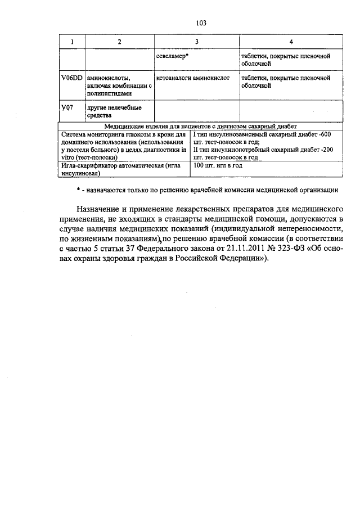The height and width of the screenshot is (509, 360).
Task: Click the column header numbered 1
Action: (71, 43)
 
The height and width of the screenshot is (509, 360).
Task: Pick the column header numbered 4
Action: (290, 43)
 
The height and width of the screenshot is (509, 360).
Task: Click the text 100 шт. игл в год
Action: (218, 166)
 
